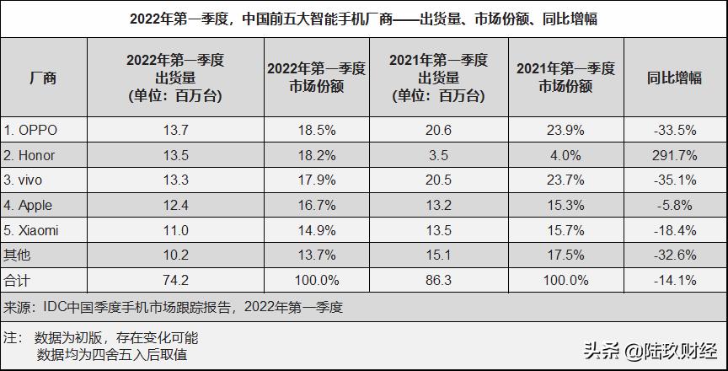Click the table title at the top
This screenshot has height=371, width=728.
pos(364,18)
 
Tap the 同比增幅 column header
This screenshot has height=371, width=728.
pos(674,78)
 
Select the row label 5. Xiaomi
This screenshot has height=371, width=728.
pos(35,229)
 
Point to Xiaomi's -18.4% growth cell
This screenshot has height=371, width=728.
pos(674,229)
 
